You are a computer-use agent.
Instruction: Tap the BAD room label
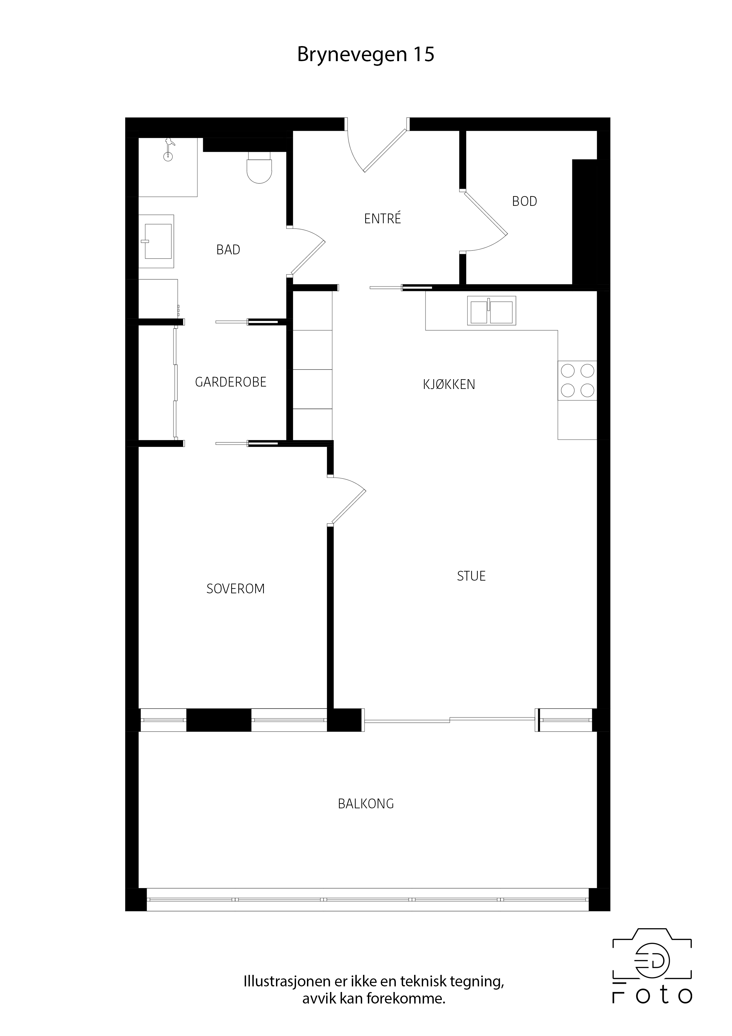(228, 250)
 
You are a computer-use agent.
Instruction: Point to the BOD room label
(525, 201)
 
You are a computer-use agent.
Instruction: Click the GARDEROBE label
(231, 382)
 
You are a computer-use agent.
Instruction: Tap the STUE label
(471, 576)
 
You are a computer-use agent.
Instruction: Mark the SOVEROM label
(236, 589)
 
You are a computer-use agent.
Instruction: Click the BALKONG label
(366, 804)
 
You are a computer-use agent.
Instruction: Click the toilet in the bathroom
(260, 167)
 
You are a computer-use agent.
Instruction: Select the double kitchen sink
(492, 310)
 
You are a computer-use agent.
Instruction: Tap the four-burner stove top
(577, 380)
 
